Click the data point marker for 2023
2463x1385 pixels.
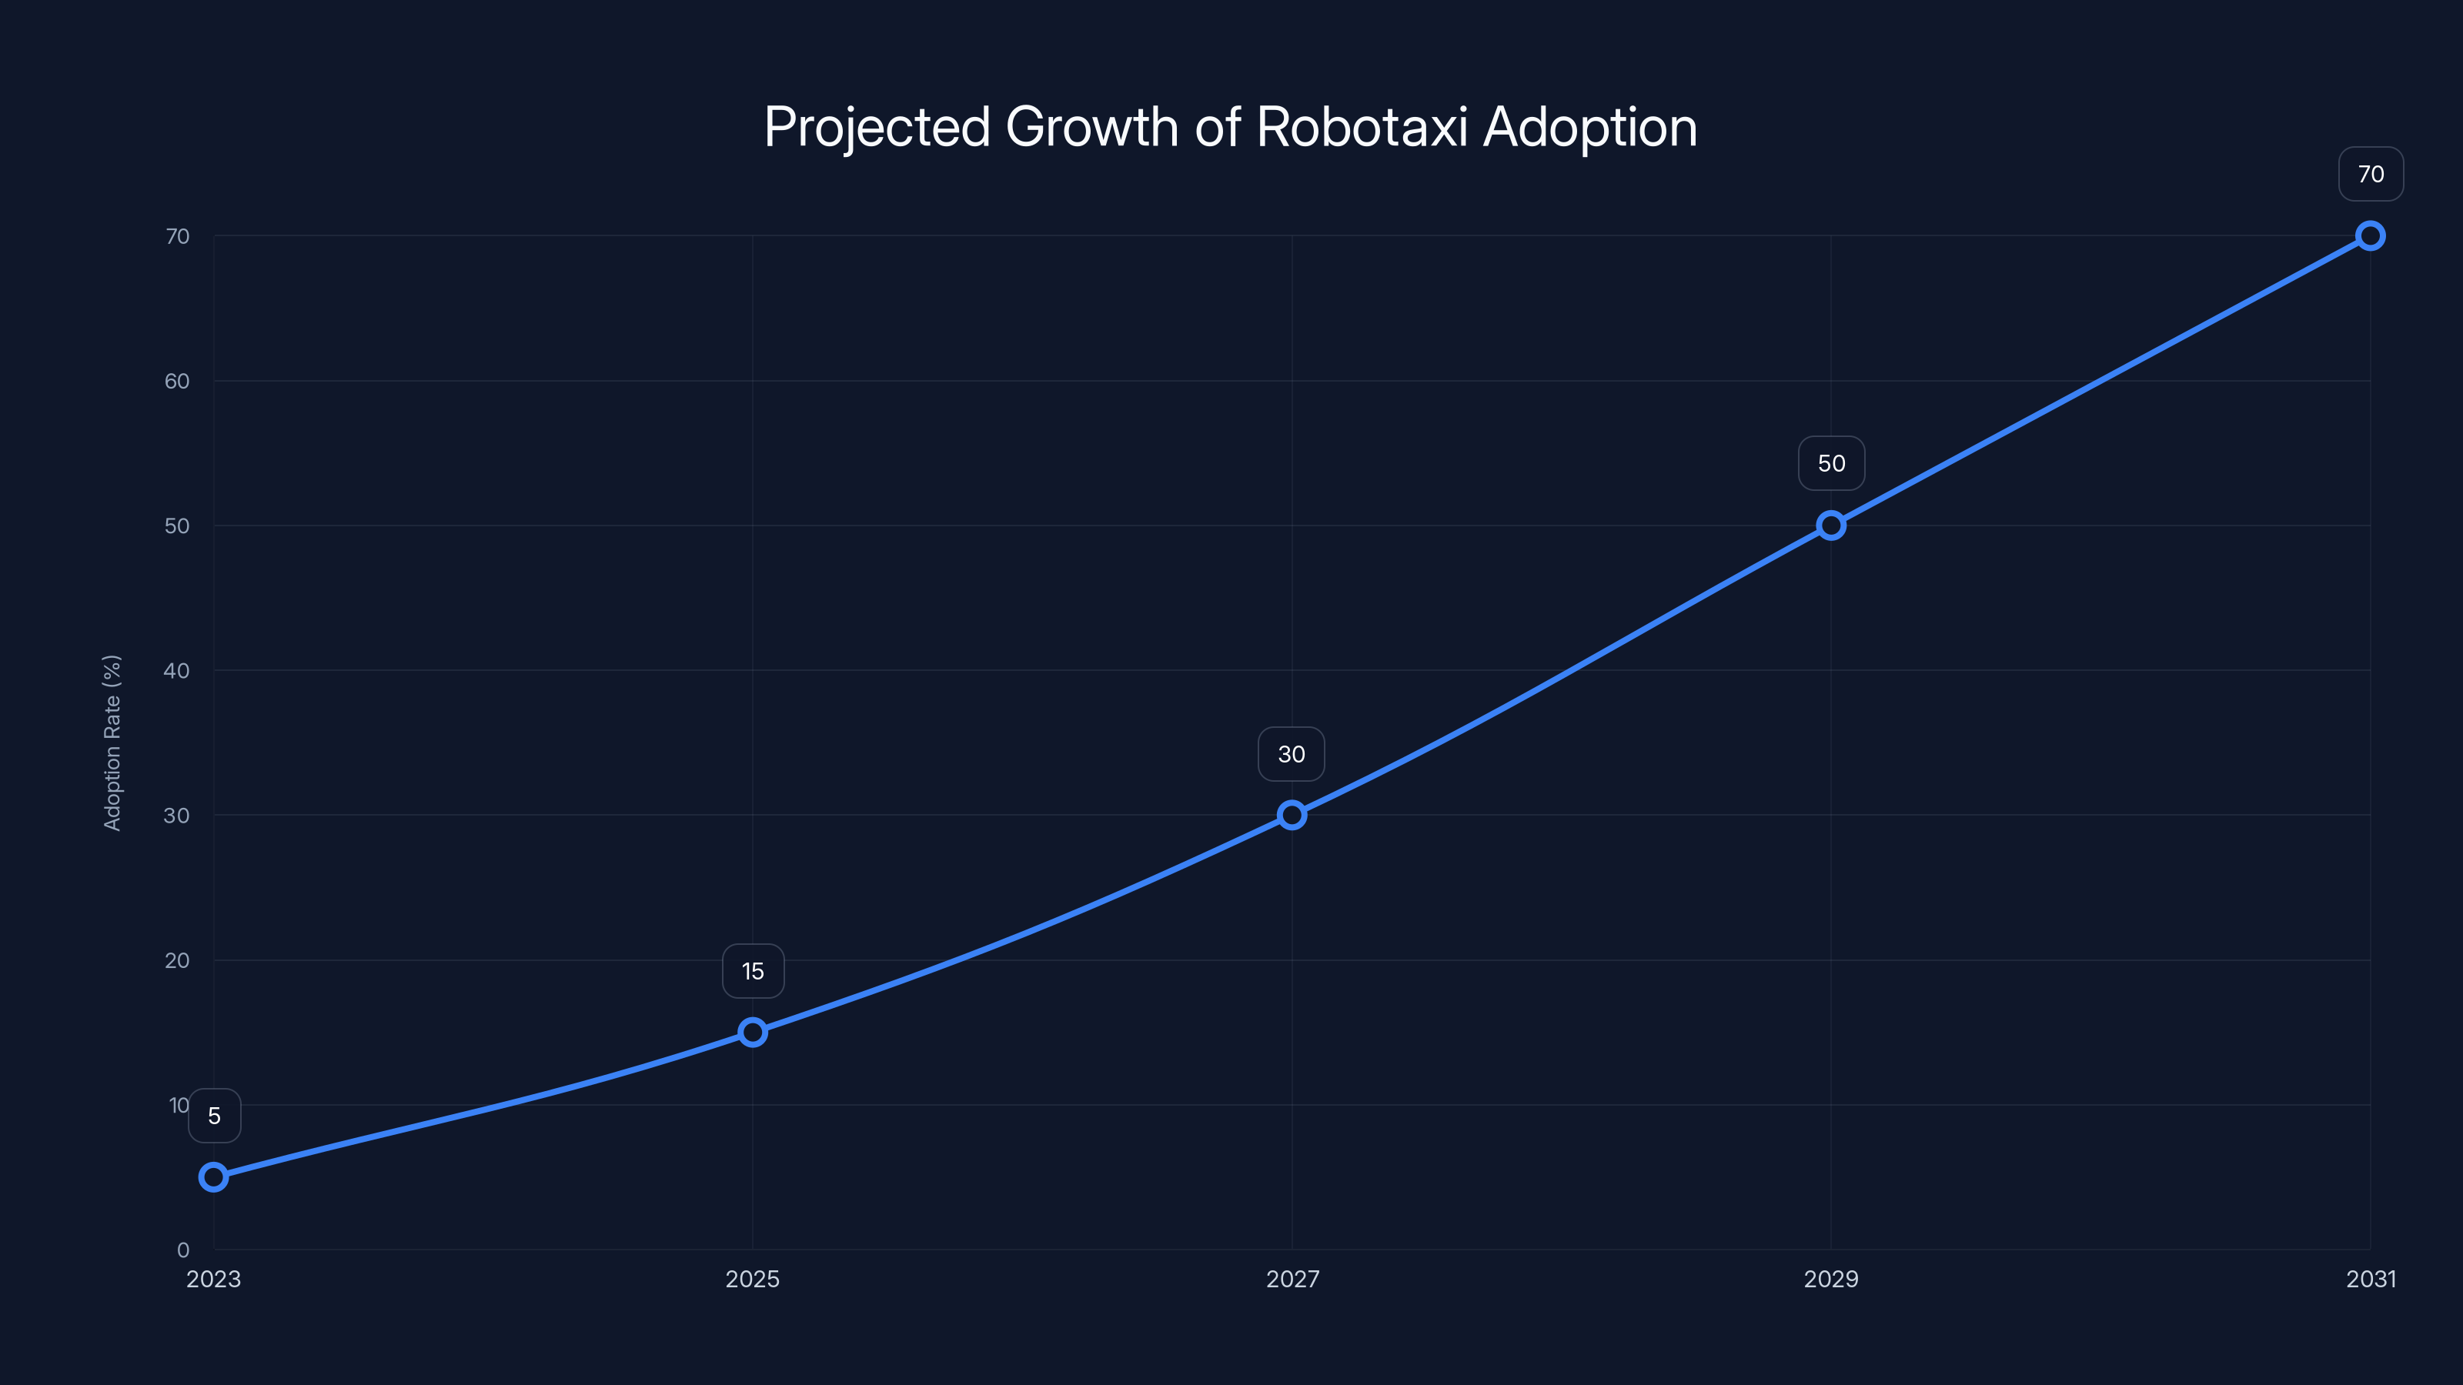pyautogui.click(x=213, y=1176)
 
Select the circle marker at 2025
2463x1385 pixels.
pyautogui.click(x=753, y=1033)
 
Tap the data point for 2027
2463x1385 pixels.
pyautogui.click(x=1292, y=816)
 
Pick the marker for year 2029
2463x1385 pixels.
pyautogui.click(x=1831, y=526)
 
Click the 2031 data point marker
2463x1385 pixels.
pyautogui.click(x=2371, y=236)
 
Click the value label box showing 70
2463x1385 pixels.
pyautogui.click(x=2371, y=174)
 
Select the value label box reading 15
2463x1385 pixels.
pyautogui.click(x=753, y=971)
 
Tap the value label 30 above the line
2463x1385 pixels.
pyautogui.click(x=1291, y=754)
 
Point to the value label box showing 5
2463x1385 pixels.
pyautogui.click(x=214, y=1116)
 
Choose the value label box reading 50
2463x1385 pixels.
pyautogui.click(x=1831, y=463)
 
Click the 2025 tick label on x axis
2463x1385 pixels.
pyautogui.click(x=753, y=1279)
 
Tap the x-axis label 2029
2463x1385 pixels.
pyautogui.click(x=1831, y=1279)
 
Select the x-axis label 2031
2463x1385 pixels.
pyautogui.click(x=2371, y=1279)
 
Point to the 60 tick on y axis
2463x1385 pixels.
pyautogui.click(x=177, y=382)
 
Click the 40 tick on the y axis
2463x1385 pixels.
pyautogui.click(x=177, y=671)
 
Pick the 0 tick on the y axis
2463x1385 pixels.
pyautogui.click(x=182, y=1250)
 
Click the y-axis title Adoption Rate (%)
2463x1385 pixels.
pyautogui.click(x=112, y=743)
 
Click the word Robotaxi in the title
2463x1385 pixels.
pyautogui.click(x=1362, y=127)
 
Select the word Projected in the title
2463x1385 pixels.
pyautogui.click(x=877, y=127)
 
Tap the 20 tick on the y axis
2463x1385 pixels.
pyautogui.click(x=177, y=960)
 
